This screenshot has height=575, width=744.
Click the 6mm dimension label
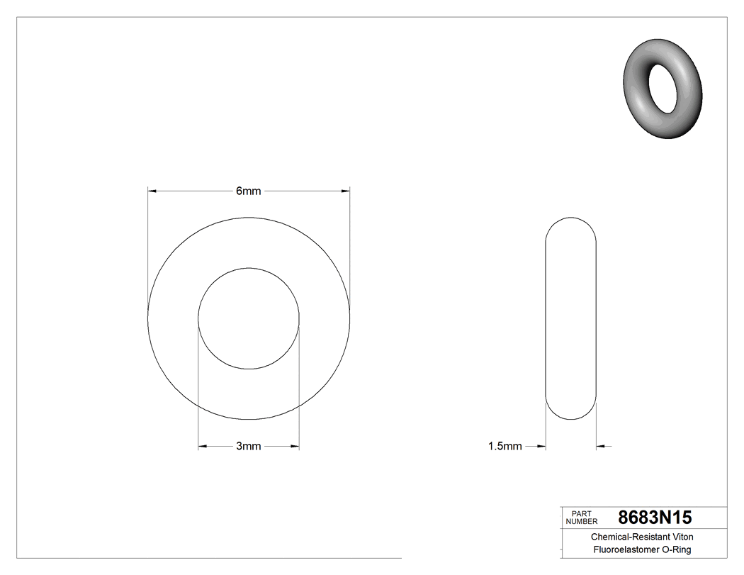tap(248, 191)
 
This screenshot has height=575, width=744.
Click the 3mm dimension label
tap(248, 446)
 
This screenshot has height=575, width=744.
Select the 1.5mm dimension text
tap(505, 446)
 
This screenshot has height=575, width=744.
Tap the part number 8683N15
tap(655, 517)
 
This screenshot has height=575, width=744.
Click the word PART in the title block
tap(580, 513)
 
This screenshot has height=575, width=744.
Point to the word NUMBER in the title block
tap(582, 521)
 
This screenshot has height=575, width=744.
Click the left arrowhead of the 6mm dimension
tap(152, 191)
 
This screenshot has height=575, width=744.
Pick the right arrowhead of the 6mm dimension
tap(345, 191)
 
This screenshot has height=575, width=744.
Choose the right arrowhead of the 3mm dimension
tap(295, 446)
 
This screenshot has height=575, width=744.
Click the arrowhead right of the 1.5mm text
tap(541, 446)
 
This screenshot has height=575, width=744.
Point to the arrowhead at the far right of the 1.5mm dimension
tap(601, 446)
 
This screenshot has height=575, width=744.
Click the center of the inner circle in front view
tap(248, 318)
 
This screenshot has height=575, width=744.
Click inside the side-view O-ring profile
tap(570, 318)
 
